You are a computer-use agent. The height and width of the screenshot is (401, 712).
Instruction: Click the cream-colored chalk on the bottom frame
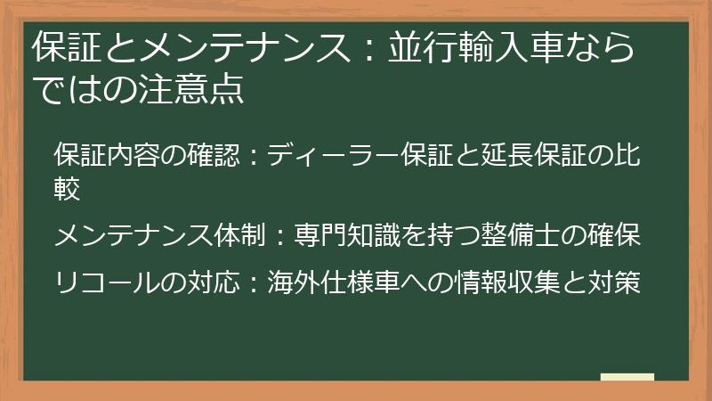click(627, 378)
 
